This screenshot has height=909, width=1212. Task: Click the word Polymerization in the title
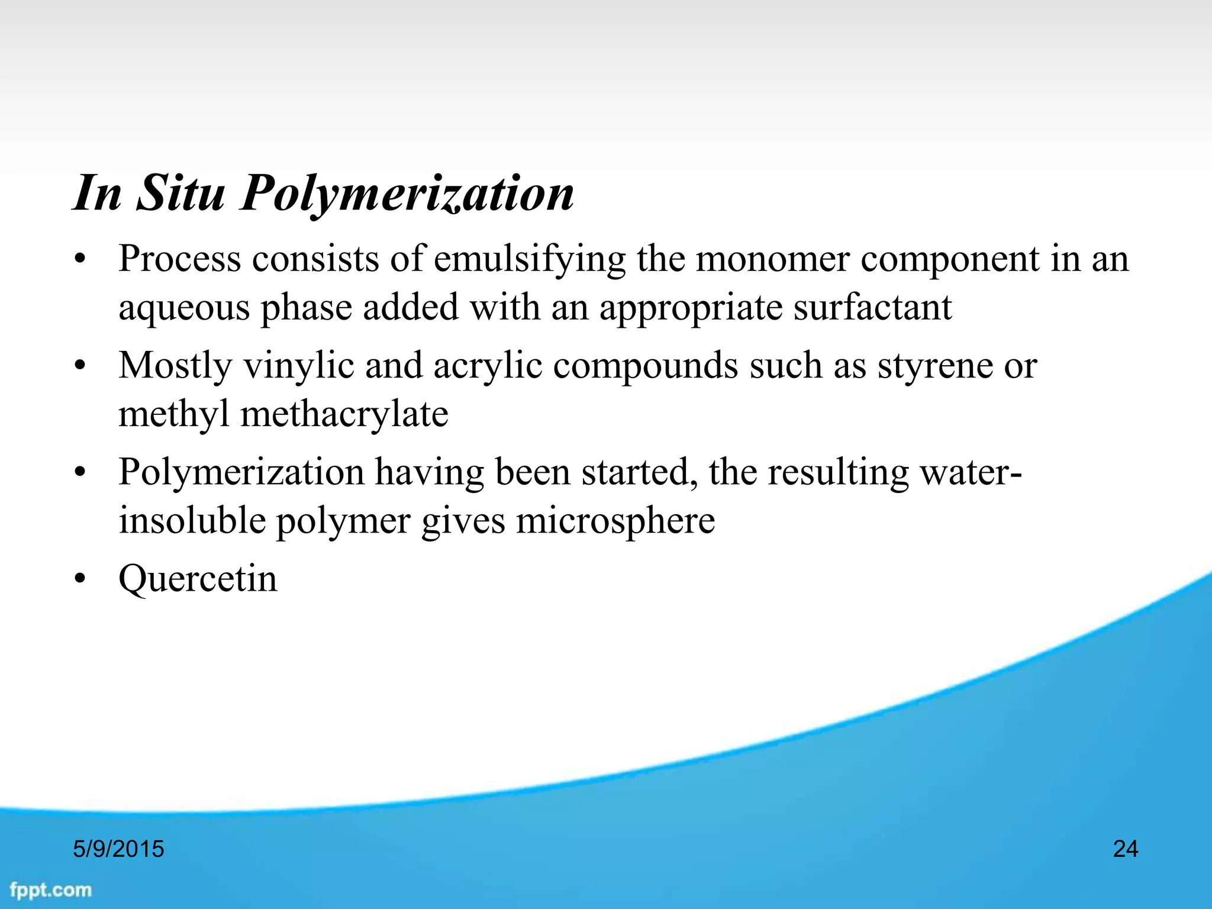tap(407, 193)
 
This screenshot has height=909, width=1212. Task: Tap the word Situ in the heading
tap(180, 193)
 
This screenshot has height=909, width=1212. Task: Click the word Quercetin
tap(198, 578)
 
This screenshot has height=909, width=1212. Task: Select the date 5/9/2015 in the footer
tap(118, 849)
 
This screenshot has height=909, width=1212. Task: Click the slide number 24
tap(1126, 849)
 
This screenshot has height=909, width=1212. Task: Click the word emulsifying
tap(530, 259)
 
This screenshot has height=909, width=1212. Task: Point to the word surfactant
tap(872, 307)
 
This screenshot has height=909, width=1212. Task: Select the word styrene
tap(933, 365)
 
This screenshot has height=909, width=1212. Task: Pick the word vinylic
tap(299, 365)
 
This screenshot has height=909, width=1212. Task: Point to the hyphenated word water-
tap(971, 472)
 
